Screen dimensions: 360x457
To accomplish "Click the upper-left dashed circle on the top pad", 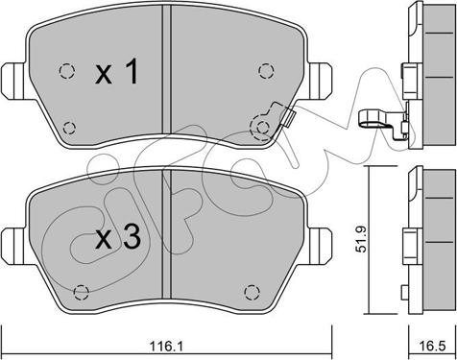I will point(66,70).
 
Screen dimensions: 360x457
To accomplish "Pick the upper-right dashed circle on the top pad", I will point(264,70).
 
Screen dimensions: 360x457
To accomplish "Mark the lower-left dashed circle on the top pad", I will point(68,125).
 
